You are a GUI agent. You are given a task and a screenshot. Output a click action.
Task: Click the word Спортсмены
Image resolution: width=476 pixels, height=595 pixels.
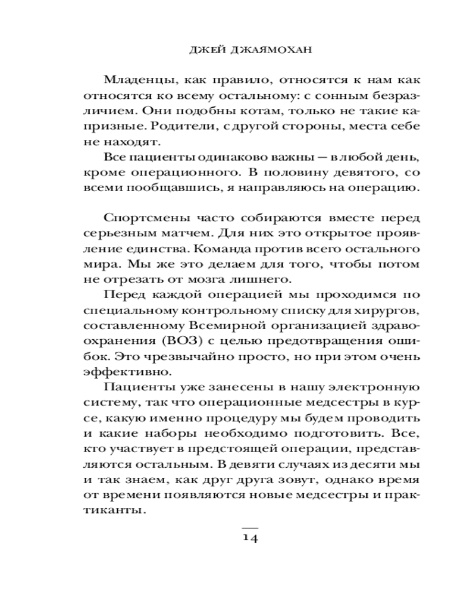140,220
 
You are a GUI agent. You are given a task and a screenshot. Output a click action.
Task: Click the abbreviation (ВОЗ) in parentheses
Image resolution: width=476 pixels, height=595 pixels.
173,343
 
